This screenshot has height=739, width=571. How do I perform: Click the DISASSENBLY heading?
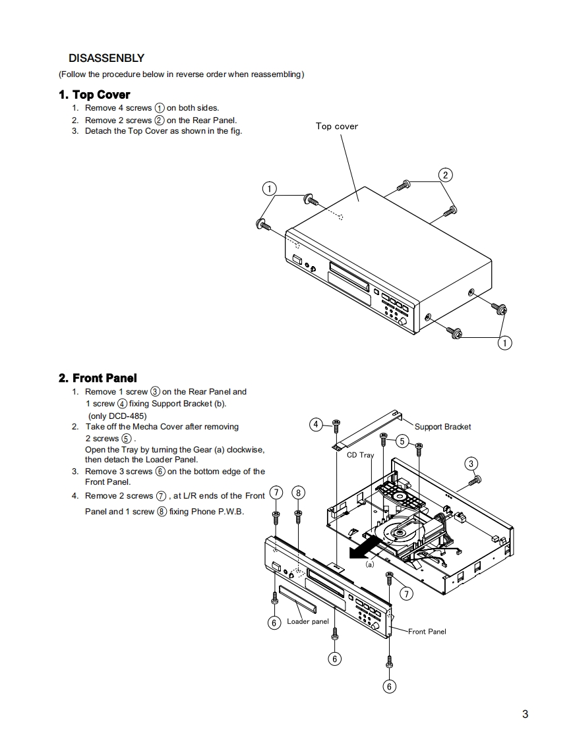[x=106, y=59]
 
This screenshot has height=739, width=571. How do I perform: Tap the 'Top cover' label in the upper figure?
[x=336, y=126]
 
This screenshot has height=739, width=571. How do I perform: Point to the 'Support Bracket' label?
[x=442, y=427]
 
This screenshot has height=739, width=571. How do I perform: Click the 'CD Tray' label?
[x=360, y=455]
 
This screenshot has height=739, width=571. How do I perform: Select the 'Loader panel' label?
[x=307, y=622]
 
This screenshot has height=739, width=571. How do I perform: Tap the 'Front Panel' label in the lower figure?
[x=427, y=632]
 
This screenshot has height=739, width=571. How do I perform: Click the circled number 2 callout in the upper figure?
[x=446, y=175]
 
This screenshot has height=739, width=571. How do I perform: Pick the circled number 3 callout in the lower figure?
[x=471, y=464]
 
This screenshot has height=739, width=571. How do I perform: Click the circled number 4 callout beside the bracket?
[x=316, y=424]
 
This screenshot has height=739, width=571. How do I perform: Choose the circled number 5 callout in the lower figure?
[x=402, y=441]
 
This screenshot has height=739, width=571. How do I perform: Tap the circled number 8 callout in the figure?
[x=299, y=493]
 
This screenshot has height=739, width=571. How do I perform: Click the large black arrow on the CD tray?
[x=365, y=546]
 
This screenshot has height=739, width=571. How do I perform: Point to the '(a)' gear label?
[x=370, y=564]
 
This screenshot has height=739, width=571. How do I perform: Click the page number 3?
[x=525, y=714]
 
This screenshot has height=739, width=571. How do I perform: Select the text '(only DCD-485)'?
[x=117, y=416]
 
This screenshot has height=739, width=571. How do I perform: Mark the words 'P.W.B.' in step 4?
[x=227, y=512]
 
